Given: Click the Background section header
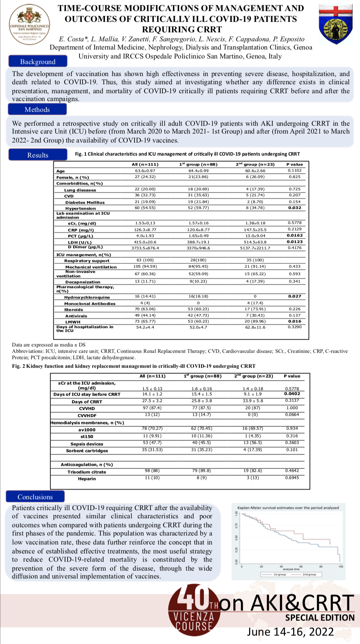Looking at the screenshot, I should coord(38,62).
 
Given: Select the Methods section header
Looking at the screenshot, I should coord(37,109).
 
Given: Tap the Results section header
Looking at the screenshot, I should coord(38,155).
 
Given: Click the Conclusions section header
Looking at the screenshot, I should coord(35,497).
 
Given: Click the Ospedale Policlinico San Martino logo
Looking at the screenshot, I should coord(30,25).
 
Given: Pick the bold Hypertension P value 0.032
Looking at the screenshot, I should coord(295,208).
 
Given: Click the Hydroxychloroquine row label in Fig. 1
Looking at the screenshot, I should coord(87,297).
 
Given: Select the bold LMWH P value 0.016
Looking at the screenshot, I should coord(295,321).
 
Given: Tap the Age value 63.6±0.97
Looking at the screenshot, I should coord(145,171).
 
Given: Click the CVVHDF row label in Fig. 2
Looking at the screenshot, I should coord(87,415).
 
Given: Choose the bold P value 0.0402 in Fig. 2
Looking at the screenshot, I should coord(292,394).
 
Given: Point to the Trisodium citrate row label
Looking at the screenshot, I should coord(87,472).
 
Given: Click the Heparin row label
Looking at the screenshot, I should coord(87,479).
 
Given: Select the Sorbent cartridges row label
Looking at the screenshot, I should coord(87,451).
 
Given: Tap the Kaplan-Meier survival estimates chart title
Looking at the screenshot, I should coord(288,508).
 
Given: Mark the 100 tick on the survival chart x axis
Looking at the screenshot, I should coord(341,567).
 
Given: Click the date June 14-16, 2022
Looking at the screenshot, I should coord(290,632).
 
